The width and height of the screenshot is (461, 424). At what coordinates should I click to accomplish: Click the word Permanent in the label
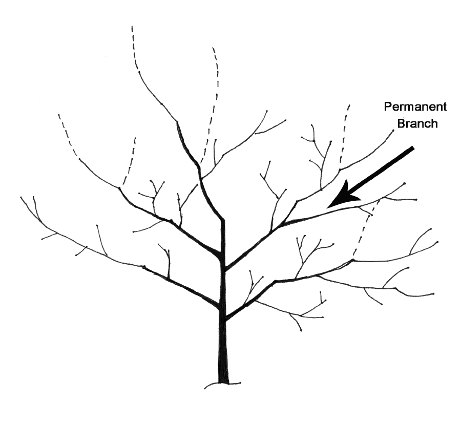[x=415, y=107]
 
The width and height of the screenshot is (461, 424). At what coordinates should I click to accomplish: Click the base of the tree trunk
[x=223, y=379]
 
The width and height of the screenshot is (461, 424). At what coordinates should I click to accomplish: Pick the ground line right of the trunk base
[x=236, y=384]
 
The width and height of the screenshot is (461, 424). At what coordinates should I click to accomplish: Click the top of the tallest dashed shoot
[x=132, y=27]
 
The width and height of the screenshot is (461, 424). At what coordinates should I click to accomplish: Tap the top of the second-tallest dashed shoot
[x=213, y=48]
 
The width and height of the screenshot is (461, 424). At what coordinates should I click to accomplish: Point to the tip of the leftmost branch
[x=21, y=197]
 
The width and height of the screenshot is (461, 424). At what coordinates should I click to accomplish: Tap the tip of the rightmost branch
[x=438, y=242]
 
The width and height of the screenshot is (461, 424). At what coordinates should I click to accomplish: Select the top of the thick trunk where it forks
[x=223, y=220]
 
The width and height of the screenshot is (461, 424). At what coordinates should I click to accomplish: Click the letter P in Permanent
[x=387, y=107]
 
